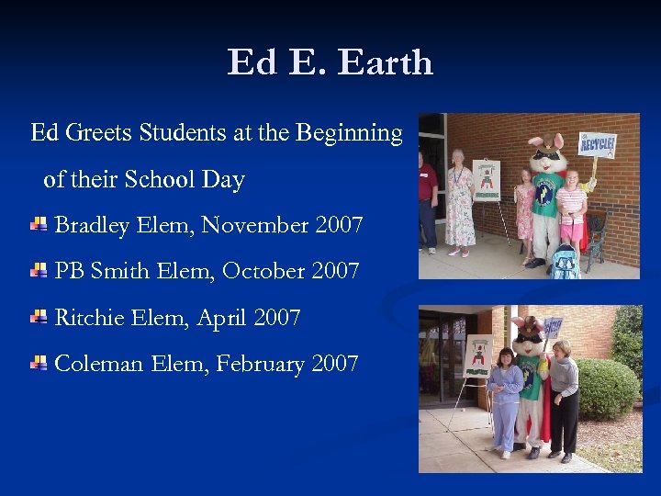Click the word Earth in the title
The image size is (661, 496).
[x=386, y=62]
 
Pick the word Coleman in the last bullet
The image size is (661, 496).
[x=99, y=364]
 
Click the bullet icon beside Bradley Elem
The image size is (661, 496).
[x=39, y=224]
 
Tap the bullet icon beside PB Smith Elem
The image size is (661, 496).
[x=39, y=271]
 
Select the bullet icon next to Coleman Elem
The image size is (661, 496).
[x=39, y=363]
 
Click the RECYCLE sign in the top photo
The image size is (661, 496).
[x=597, y=144]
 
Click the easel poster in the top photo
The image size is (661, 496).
[x=486, y=179]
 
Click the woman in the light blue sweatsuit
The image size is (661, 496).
[x=505, y=400]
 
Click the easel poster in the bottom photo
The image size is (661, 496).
[x=478, y=355]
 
